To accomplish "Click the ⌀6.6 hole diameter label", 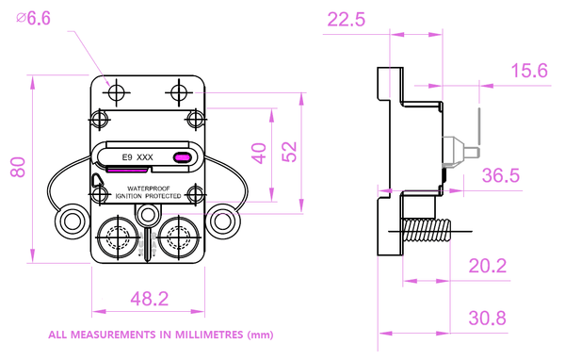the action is click(33, 18).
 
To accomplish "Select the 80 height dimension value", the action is click(18, 168).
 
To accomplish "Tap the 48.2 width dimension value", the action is click(150, 299).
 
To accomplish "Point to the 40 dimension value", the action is click(259, 154).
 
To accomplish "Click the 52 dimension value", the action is click(289, 152).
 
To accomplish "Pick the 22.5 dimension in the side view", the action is click(346, 19).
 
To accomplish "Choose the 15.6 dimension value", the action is click(529, 71).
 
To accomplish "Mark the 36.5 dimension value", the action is click(501, 175).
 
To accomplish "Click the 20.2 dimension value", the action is click(488, 266).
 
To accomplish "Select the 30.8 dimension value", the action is click(488, 318).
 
